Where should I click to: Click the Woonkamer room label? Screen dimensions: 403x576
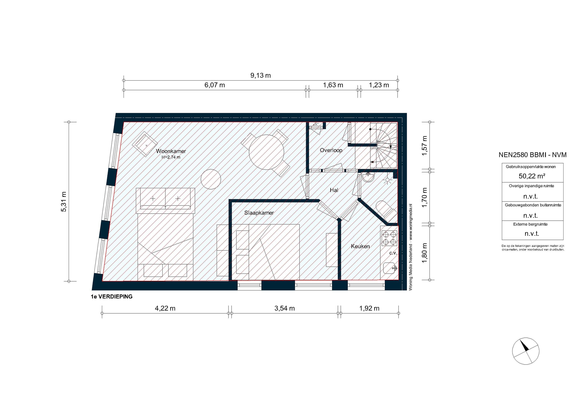click(171, 151)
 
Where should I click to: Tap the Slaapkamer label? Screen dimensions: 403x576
click(259, 213)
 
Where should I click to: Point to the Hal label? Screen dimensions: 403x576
click(334, 190)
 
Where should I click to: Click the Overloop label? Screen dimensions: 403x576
click(331, 150)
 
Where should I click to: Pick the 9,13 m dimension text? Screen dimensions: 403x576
click(260, 75)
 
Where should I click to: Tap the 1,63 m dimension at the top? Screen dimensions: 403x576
click(333, 85)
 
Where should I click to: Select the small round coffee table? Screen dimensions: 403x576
click(211, 179)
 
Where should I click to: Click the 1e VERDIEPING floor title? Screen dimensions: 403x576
click(112, 297)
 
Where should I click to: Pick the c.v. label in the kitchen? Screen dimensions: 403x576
click(393, 253)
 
